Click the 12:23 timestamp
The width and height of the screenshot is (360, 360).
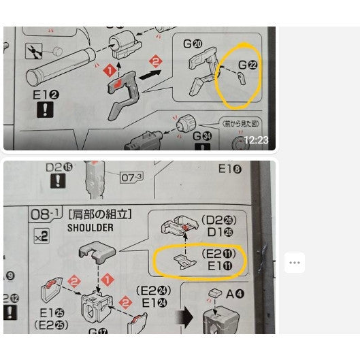256,140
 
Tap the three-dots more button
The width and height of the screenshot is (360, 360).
294,262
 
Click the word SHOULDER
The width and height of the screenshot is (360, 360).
91,228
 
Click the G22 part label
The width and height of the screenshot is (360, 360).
248,65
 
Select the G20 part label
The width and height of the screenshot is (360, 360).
191,44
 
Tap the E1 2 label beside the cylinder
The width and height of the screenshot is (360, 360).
46,95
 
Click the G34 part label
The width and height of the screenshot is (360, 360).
203,136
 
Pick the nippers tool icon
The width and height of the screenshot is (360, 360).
32,51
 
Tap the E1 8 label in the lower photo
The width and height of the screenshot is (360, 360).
230,169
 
